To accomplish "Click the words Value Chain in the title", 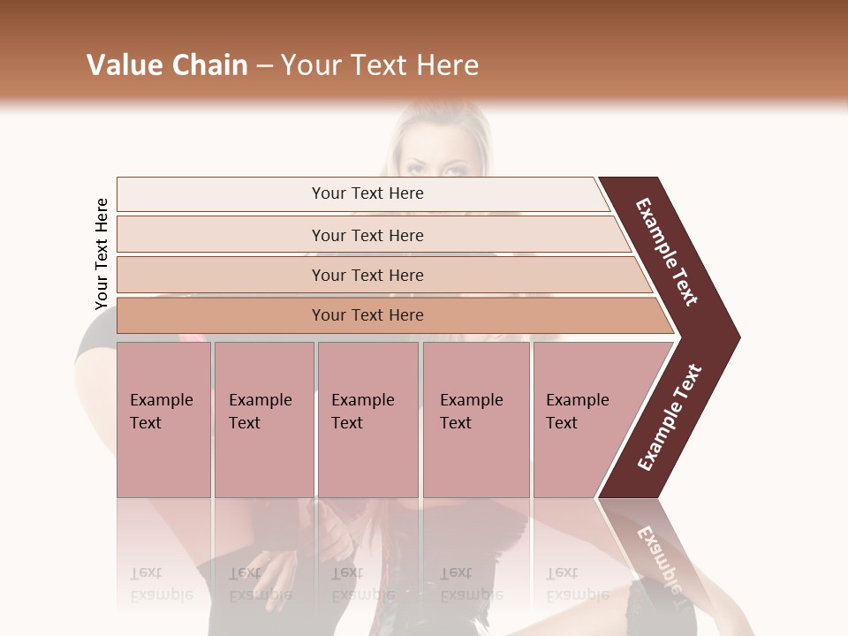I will [x=167, y=65].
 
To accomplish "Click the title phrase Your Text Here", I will [x=380, y=65].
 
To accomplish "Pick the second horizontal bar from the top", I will [x=367, y=235].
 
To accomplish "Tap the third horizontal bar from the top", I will [x=367, y=275].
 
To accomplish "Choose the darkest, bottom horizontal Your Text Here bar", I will [x=367, y=315].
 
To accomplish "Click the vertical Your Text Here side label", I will [x=102, y=254].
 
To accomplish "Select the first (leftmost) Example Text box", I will [x=163, y=420].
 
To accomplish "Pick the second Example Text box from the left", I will [x=263, y=420].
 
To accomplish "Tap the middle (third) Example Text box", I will [x=367, y=420].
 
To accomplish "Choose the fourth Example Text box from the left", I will [x=475, y=420].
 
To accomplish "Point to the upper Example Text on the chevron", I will [x=667, y=252].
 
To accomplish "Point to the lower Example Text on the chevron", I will [x=669, y=417].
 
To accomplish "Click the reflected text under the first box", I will [x=161, y=584].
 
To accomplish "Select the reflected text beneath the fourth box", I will [x=471, y=584].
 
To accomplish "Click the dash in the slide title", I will [x=263, y=65].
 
